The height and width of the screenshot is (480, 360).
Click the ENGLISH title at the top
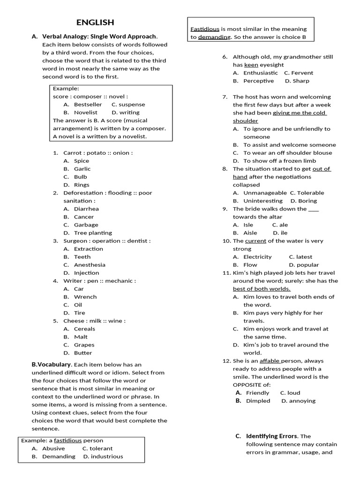coord(95,22)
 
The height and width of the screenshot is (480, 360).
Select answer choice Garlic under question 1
coord(82,169)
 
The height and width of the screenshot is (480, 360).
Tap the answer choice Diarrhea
coord(86,209)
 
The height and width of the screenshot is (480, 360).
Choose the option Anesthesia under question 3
coord(90,265)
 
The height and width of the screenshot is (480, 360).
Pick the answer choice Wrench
coord(85,297)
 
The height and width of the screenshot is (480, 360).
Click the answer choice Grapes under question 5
coord(84,345)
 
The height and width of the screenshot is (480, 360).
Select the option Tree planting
coord(93,232)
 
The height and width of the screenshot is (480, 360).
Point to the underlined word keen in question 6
coord(251,65)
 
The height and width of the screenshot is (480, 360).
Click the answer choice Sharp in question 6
coord(301,81)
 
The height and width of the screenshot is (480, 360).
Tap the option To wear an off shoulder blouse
coord(287,153)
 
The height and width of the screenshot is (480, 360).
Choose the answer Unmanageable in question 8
coord(265,193)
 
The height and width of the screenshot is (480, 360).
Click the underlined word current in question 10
coord(255,241)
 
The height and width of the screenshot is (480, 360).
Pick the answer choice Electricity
coord(257,257)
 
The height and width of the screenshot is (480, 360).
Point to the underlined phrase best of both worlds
coord(262,289)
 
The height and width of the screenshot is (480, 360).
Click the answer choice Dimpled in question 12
coord(258,401)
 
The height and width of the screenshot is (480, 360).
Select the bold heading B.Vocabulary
coord(52,364)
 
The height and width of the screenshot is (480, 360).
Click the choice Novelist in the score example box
coord(86,112)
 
